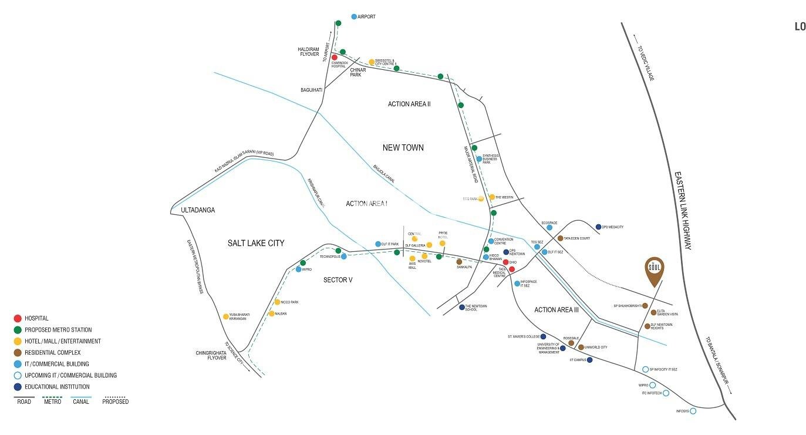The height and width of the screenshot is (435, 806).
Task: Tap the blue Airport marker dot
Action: tap(354, 17)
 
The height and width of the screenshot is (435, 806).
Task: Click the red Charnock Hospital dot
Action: tap(335, 58)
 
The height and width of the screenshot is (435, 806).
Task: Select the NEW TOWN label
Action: tap(403, 148)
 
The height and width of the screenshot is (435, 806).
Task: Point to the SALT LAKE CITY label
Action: tap(255, 243)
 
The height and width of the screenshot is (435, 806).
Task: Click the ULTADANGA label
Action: tap(198, 210)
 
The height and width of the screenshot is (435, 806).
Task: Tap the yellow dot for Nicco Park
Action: tap(277, 302)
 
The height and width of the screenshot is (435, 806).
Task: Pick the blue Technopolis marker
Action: tap(344, 257)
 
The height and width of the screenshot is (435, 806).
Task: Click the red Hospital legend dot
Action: tap(18, 318)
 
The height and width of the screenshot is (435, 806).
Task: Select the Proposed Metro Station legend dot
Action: tap(18, 330)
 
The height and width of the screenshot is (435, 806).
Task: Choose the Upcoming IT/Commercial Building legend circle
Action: tap(18, 376)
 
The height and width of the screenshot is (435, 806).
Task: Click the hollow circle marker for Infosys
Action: tap(693, 412)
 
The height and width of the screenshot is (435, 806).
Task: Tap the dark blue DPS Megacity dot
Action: tap(598, 227)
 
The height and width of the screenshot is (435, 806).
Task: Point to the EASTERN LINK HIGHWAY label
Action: tap(683, 211)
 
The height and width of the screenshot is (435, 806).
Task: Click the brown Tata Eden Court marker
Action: tap(560, 238)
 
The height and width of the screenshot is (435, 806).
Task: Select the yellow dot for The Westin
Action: tap(492, 197)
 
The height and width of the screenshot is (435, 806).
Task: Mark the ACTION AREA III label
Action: tap(556, 310)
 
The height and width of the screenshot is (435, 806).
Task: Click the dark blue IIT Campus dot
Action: tap(589, 360)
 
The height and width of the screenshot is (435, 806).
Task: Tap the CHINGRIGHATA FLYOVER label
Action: tap(211, 355)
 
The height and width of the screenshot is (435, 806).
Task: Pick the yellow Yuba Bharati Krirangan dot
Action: tap(226, 316)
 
